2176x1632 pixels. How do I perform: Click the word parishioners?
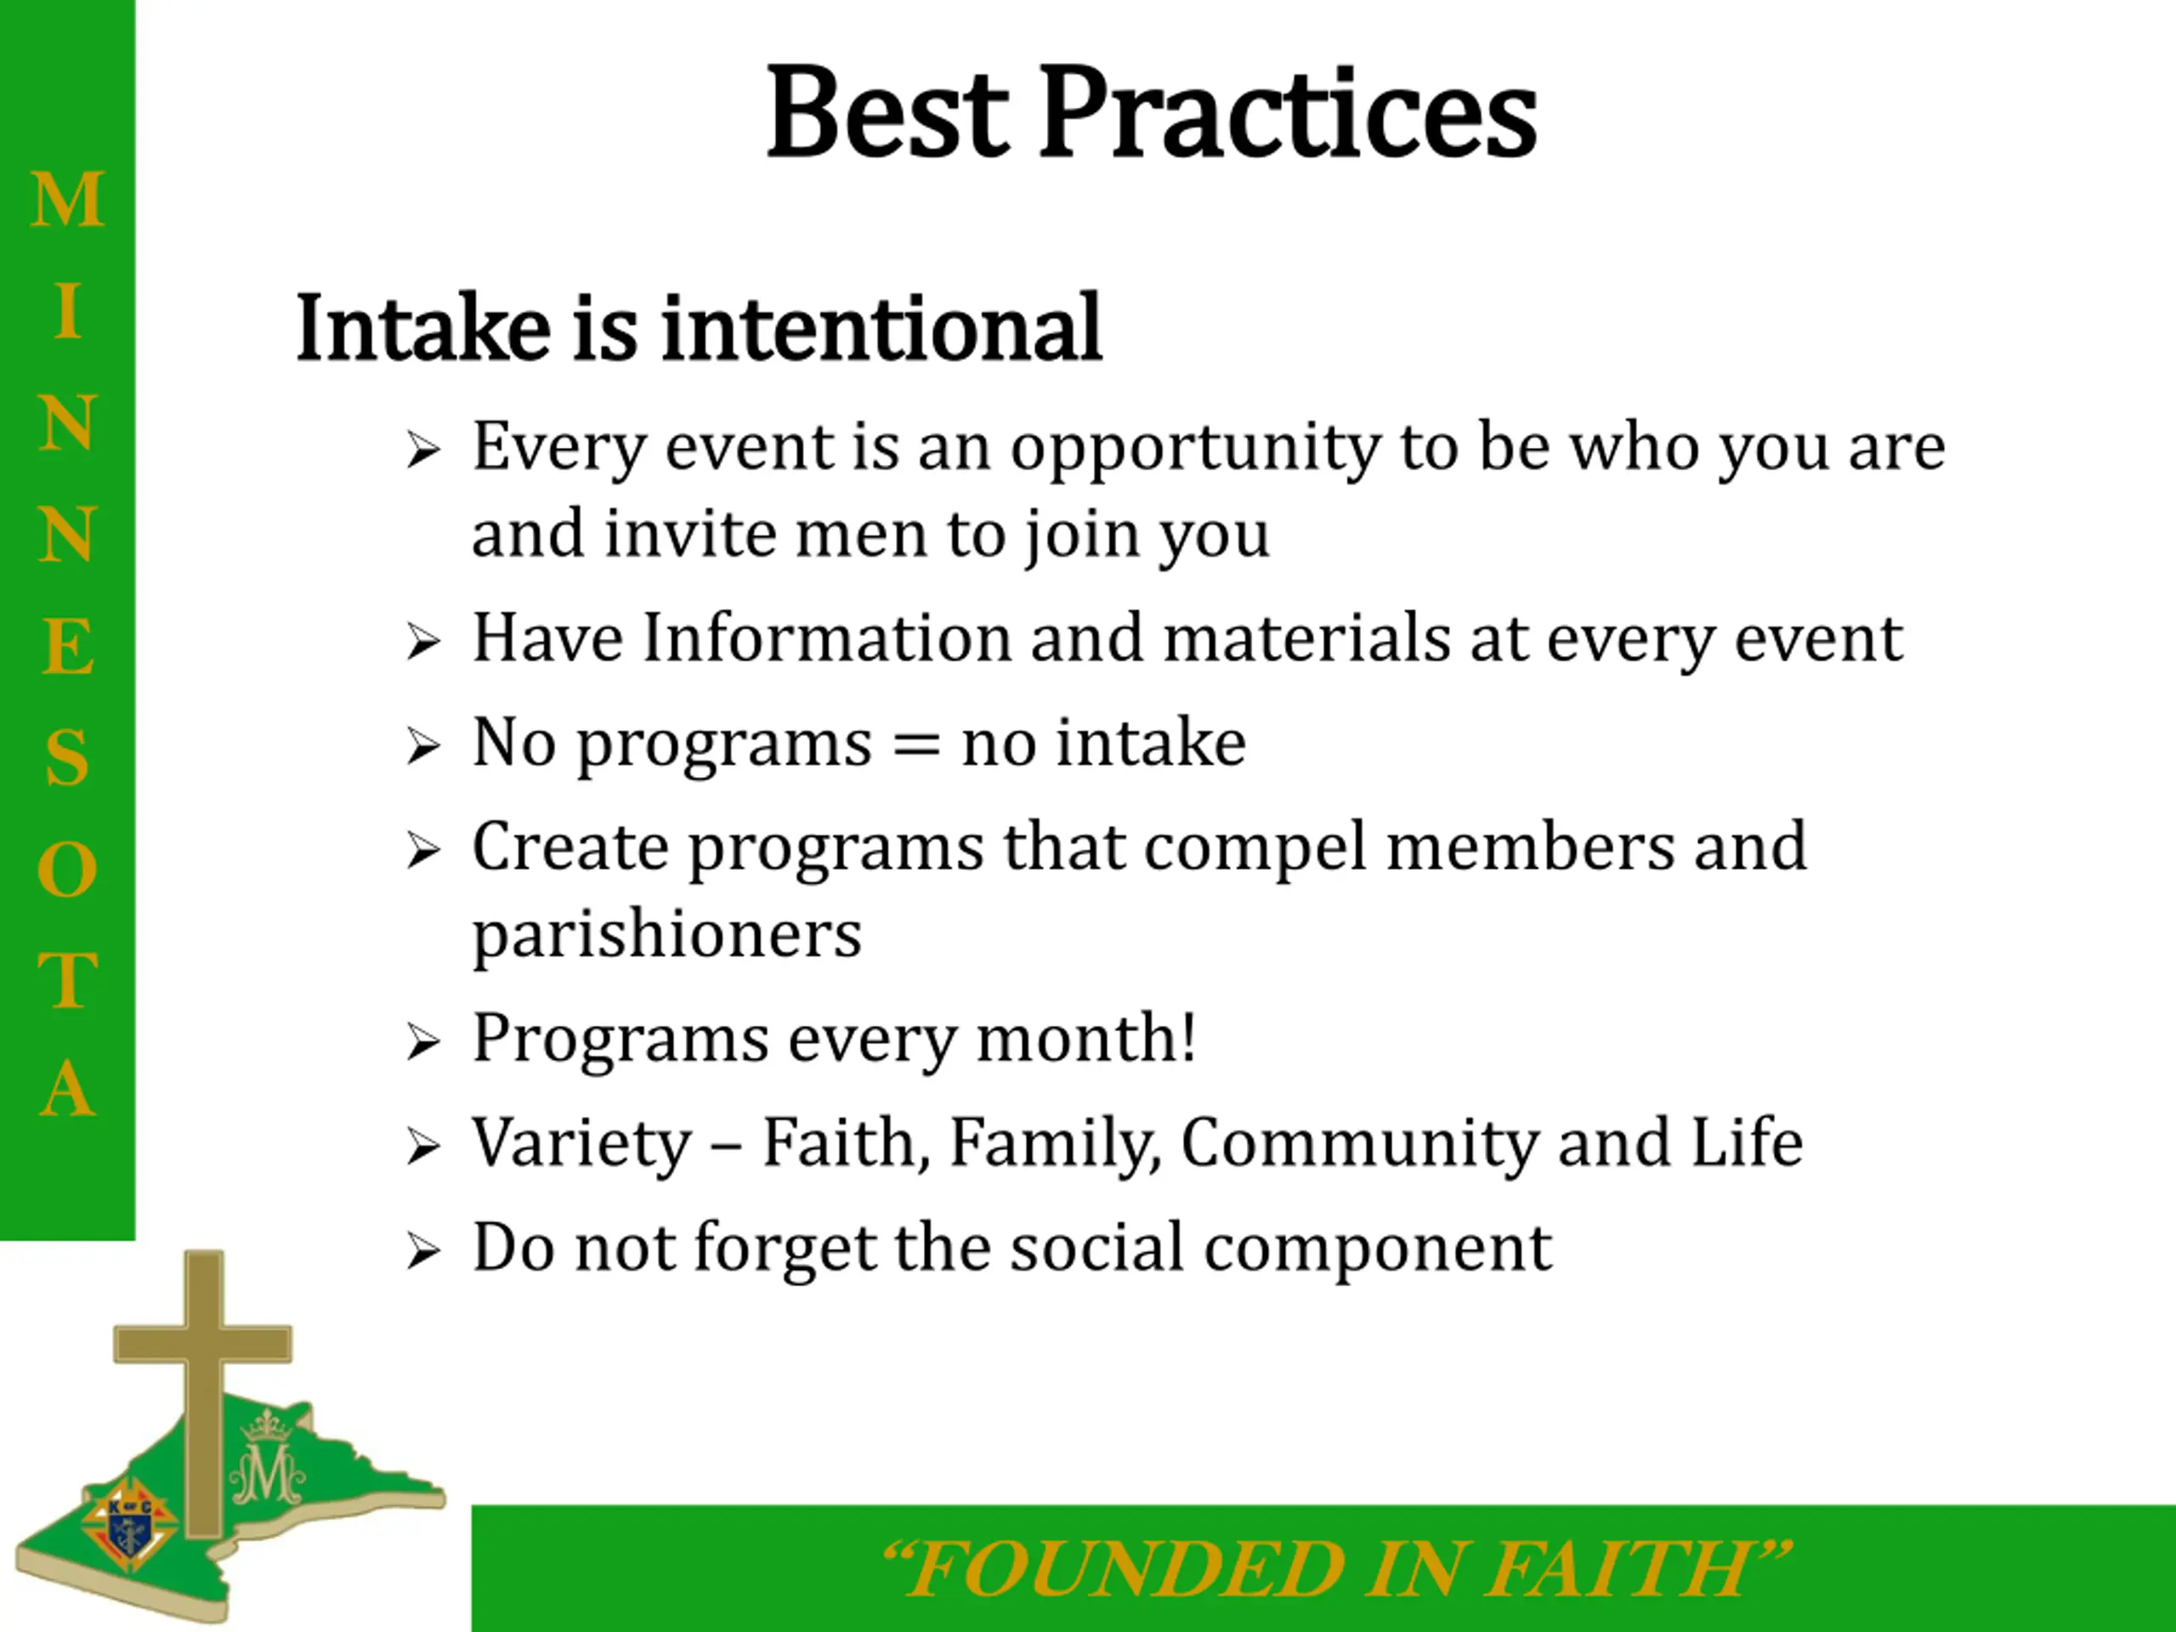[667, 934]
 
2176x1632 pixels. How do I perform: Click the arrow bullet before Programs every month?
[423, 1043]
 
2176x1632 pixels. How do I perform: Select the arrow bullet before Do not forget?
[423, 1251]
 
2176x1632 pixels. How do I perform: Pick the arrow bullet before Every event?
[423, 451]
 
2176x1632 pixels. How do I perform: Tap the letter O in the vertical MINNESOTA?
[68, 870]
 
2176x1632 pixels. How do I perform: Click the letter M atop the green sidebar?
[68, 200]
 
